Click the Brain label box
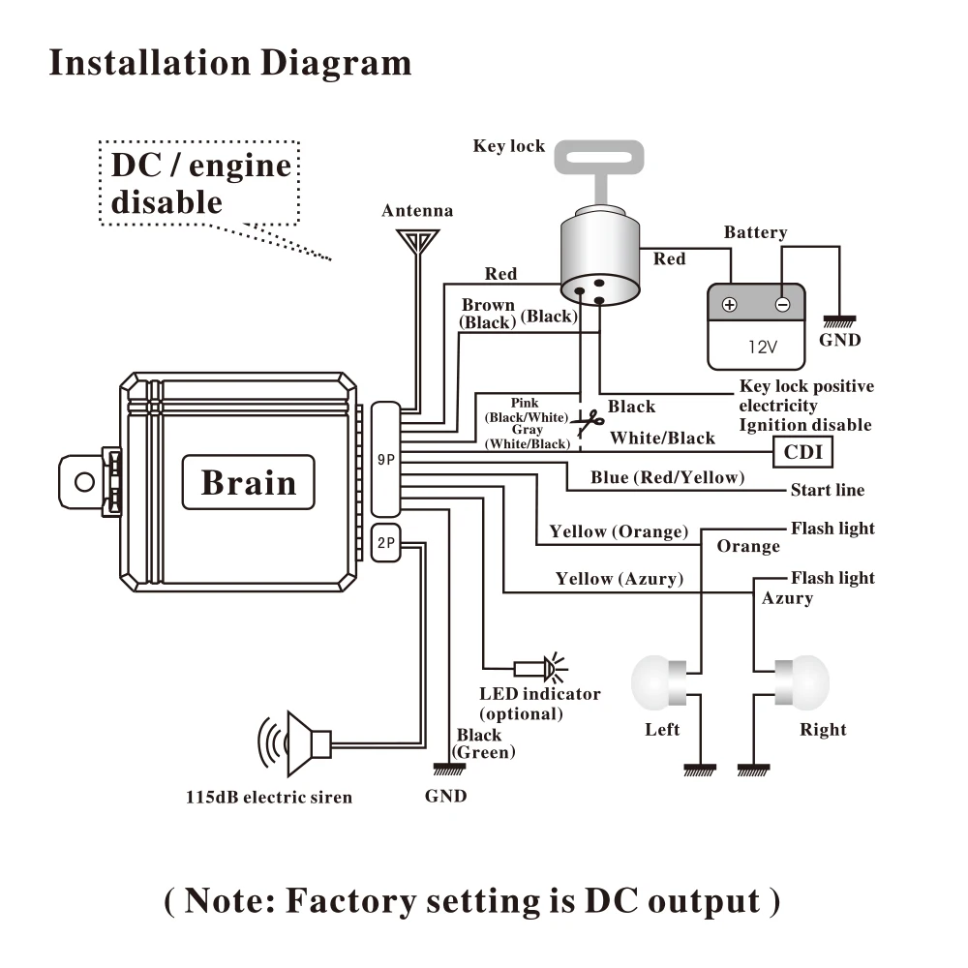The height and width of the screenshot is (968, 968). [248, 482]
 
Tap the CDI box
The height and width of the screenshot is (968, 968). [802, 452]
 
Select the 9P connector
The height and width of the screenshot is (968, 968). [386, 459]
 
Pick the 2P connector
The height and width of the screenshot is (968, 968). [386, 543]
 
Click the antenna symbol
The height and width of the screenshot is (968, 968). [418, 241]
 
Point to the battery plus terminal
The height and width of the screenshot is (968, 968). [730, 304]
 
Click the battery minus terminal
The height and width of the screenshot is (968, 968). [782, 304]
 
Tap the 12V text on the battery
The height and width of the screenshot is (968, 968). [763, 347]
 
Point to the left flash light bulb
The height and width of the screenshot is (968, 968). [658, 682]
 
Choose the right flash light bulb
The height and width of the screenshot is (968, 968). [802, 682]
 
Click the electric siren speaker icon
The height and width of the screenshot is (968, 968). [295, 743]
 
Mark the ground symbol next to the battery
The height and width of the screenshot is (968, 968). [839, 321]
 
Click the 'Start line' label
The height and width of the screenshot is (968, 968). [828, 490]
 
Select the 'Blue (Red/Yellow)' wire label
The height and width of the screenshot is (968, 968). [667, 477]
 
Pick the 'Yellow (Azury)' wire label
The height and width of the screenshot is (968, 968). [620, 579]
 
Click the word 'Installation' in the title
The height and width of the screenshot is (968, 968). [150, 63]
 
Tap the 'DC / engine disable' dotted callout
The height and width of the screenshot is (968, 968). [199, 183]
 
